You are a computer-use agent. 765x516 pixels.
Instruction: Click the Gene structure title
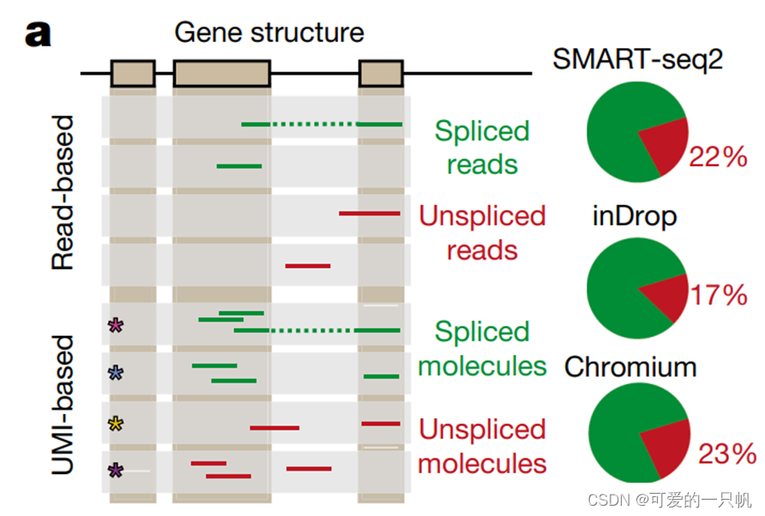[269, 33]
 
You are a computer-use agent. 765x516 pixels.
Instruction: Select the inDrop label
[634, 216]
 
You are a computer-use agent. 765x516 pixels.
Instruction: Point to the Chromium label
[630, 367]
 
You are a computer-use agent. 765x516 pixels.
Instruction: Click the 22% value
[720, 157]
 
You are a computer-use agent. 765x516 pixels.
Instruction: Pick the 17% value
[720, 296]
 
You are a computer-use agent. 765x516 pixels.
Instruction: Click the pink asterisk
[116, 325]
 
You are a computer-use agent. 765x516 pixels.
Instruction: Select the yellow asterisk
[116, 423]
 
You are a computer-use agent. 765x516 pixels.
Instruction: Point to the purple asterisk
[116, 470]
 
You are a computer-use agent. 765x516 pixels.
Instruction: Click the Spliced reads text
[482, 147]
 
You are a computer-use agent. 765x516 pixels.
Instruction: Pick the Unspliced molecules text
[482, 447]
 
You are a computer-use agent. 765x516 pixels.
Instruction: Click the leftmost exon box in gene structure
[132, 73]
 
